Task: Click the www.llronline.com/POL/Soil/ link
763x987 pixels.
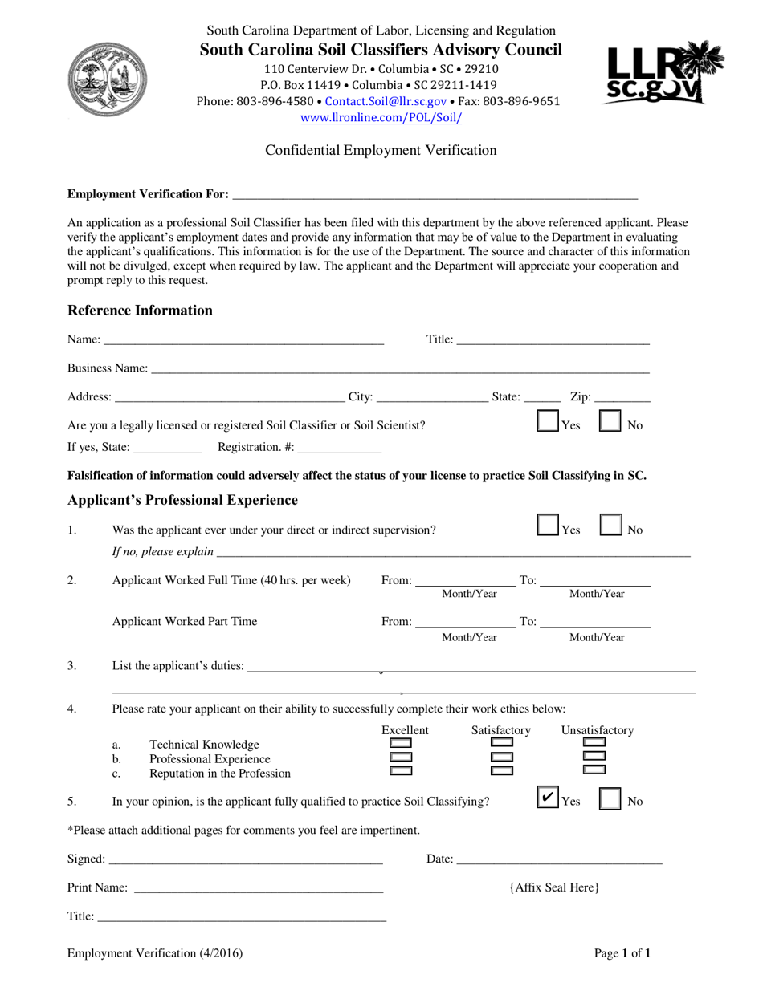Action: point(381,118)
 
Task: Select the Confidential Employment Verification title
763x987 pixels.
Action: point(381,150)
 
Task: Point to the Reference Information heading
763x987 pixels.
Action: point(140,311)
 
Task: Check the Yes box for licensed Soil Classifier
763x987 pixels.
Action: point(547,423)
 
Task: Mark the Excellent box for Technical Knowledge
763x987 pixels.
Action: point(401,743)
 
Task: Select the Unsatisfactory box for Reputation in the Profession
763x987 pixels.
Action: point(594,770)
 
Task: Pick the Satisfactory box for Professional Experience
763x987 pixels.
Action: point(502,757)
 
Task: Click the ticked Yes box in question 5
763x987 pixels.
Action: point(547,798)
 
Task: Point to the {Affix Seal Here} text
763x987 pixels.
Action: point(554,887)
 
